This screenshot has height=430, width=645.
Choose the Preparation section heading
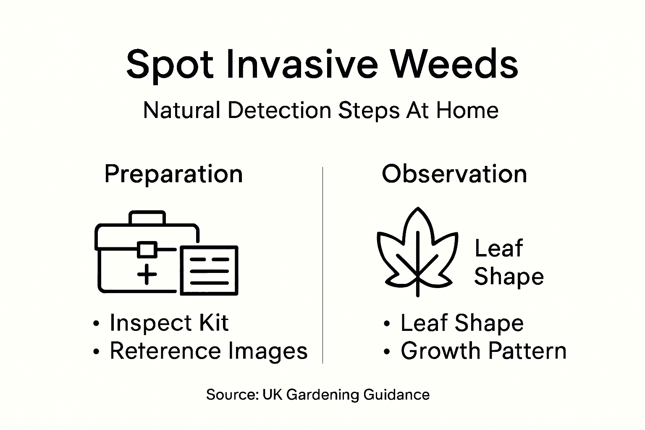click(173, 174)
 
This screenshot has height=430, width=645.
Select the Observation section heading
click(454, 174)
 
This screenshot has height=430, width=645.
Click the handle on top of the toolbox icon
click(147, 218)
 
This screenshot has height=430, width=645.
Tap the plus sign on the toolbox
click(147, 275)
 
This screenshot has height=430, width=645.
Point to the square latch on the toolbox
click(147, 250)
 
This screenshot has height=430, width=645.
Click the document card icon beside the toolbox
click(210, 270)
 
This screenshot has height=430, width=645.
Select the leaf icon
click(415, 252)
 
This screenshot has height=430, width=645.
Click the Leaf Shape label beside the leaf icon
click(509, 262)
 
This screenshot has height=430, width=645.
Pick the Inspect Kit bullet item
click(169, 323)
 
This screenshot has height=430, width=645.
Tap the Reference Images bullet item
click(208, 351)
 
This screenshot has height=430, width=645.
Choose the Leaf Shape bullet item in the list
click(462, 323)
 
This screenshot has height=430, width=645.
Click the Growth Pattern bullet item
click(483, 351)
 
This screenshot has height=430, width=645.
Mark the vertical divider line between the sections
click(322, 265)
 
